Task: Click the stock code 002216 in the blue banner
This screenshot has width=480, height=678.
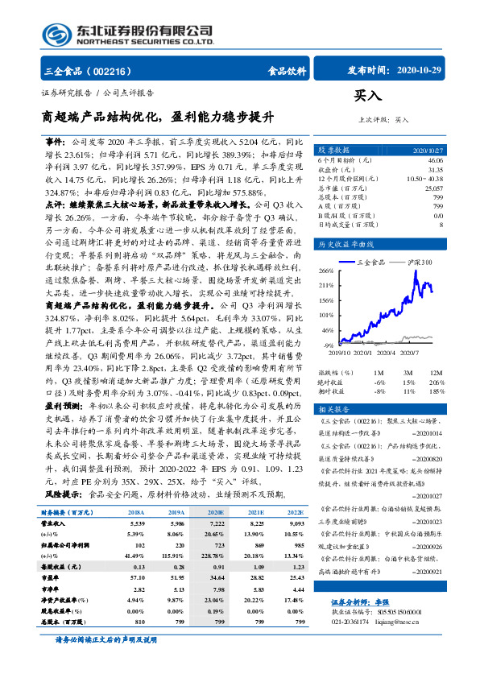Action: click(x=115, y=71)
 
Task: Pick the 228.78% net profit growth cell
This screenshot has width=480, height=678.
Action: click(x=215, y=531)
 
